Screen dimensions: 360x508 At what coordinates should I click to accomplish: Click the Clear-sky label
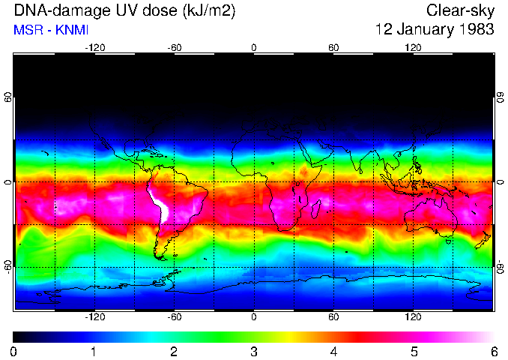click(x=460, y=11)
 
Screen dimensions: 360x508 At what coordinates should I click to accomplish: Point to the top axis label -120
click(x=94, y=47)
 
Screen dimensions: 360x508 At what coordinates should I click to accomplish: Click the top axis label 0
click(x=254, y=47)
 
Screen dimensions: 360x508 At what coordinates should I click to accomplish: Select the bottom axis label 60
click(x=333, y=317)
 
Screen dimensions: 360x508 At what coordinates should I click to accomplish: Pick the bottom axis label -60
click(x=174, y=317)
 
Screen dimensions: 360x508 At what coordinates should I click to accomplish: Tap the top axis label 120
click(x=413, y=47)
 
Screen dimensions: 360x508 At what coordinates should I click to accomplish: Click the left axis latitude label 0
click(x=7, y=182)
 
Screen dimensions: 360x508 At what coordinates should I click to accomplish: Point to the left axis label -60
click(x=7, y=267)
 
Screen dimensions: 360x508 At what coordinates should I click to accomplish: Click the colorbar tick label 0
click(x=13, y=351)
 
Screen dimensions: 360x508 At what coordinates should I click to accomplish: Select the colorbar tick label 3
click(x=253, y=351)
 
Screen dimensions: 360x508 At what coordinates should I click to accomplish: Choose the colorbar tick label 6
click(x=493, y=351)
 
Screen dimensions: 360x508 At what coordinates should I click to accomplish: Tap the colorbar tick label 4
click(x=333, y=351)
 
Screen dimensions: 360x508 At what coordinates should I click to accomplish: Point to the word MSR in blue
click(x=26, y=31)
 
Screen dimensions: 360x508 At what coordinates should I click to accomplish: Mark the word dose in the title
click(x=155, y=11)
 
